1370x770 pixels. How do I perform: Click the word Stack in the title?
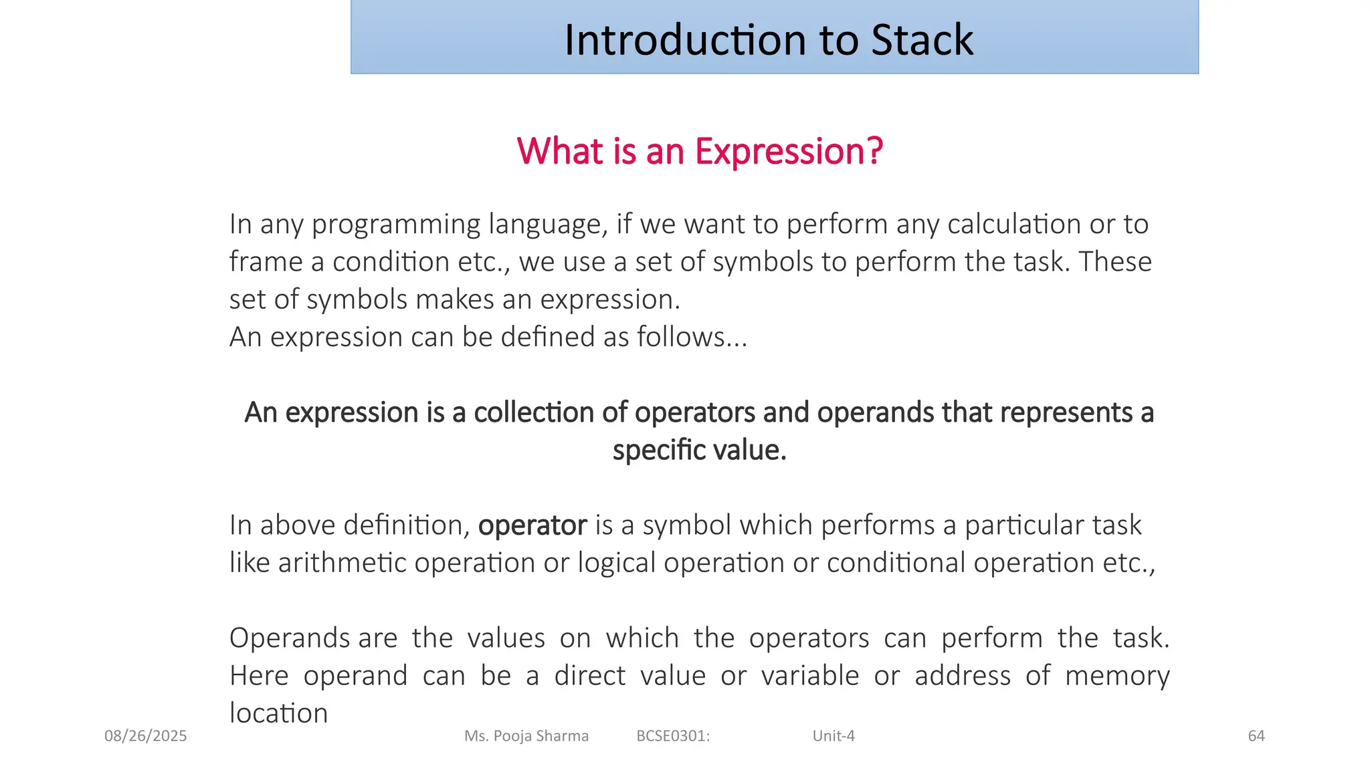[x=922, y=40]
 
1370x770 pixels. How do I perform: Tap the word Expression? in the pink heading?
[x=789, y=151]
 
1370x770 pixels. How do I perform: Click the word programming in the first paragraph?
[x=395, y=225]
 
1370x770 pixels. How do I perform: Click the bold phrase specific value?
[x=699, y=450]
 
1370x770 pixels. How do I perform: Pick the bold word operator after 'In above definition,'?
[x=532, y=525]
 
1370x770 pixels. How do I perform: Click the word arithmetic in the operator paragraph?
[x=342, y=563]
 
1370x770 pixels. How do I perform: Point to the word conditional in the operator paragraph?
[x=896, y=563]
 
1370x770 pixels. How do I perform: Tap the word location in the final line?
[x=278, y=713]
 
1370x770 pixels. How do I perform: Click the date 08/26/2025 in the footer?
[x=146, y=736]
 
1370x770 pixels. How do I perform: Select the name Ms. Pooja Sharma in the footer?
[x=526, y=736]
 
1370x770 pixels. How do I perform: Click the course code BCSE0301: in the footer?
[x=673, y=736]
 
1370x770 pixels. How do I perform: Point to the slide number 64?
[x=1256, y=736]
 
